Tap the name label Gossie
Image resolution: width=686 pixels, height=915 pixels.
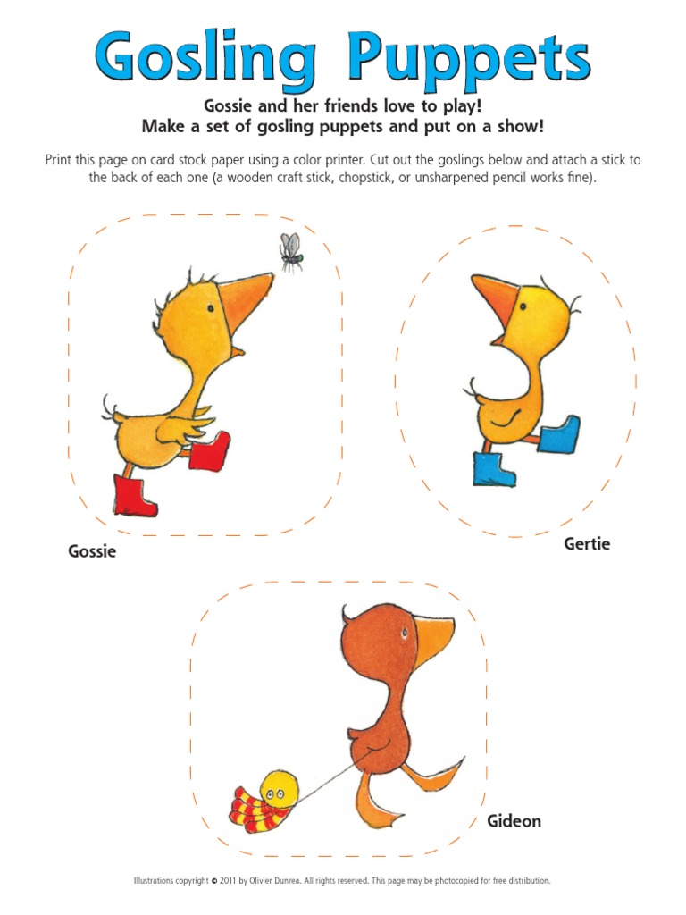tap(92, 551)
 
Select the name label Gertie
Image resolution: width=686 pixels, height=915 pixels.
tap(587, 543)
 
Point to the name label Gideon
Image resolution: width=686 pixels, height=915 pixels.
tap(514, 820)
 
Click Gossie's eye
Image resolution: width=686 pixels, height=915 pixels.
tap(211, 307)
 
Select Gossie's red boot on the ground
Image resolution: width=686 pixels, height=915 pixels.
tap(135, 495)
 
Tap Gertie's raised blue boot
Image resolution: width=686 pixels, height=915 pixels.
tap(557, 434)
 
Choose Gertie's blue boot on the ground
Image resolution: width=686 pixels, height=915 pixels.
tap(493, 469)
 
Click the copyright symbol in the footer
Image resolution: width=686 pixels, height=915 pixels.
tap(214, 880)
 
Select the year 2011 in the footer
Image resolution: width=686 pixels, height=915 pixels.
tap(230, 880)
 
